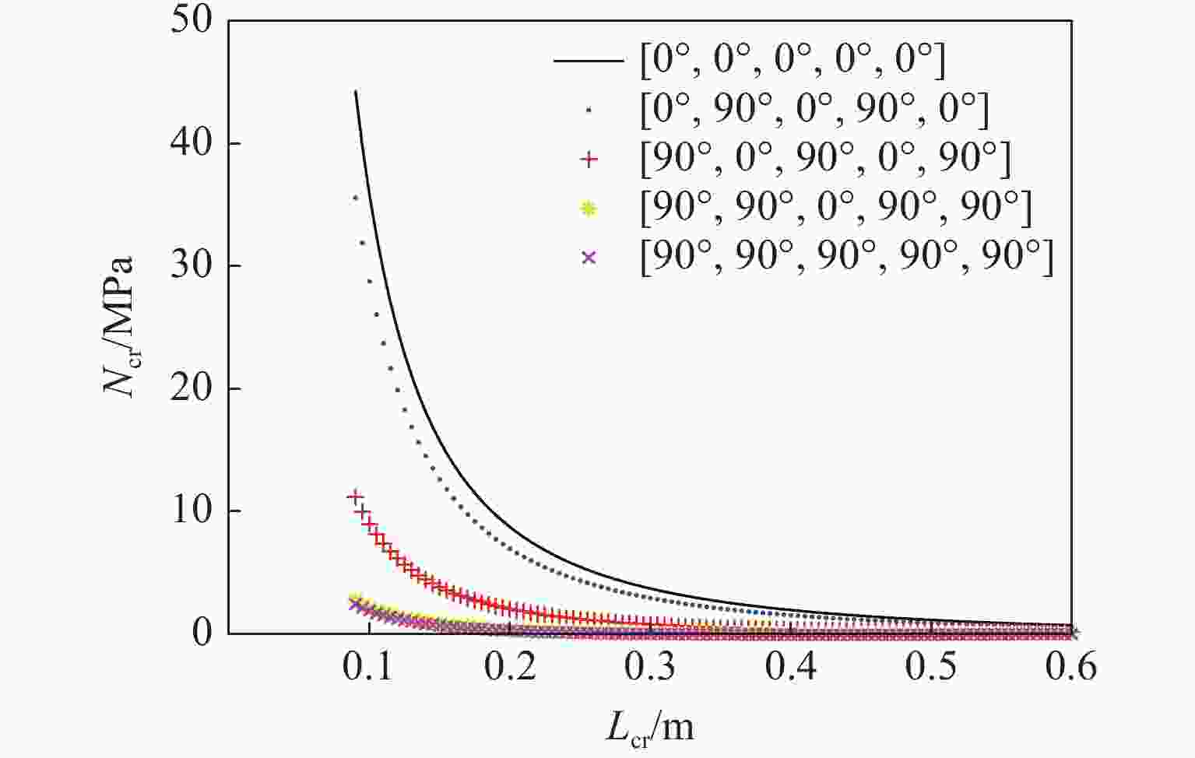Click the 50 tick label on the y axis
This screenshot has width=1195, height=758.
191,20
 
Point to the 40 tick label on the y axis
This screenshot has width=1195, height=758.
191,143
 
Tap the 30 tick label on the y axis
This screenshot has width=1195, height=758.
191,265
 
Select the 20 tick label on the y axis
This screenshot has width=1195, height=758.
191,388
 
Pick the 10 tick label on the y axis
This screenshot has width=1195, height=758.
191,511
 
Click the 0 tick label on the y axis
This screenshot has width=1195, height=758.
202,633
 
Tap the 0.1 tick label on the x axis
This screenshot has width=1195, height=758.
369,667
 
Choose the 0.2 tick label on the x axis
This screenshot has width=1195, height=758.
510,667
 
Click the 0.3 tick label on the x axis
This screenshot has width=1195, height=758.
650,667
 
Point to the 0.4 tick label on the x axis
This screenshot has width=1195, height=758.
790,667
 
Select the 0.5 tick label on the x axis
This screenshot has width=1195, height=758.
931,667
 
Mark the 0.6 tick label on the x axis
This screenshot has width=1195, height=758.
1071,667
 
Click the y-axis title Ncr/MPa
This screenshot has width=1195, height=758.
121,327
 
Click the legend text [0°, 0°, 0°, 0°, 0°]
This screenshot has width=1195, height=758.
793,61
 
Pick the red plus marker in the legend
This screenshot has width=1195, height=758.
589,159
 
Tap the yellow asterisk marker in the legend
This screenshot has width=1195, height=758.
589,208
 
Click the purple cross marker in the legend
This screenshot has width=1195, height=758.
589,257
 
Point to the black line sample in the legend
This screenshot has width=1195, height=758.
589,61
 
